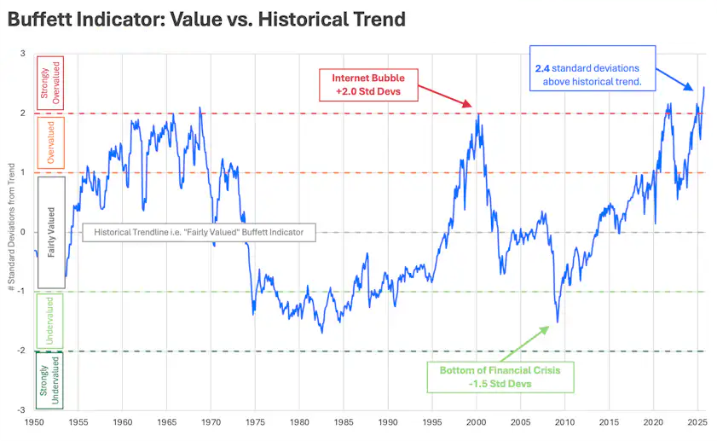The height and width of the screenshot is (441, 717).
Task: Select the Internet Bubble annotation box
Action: tap(368, 84)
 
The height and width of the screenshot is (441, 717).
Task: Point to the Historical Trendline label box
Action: tap(198, 232)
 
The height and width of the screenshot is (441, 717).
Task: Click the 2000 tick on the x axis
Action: tap(477, 422)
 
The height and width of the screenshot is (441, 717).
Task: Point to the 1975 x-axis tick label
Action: tap(255, 422)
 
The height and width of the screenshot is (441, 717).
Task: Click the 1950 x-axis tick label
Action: tap(34, 422)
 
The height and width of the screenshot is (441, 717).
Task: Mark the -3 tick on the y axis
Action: tap(20, 410)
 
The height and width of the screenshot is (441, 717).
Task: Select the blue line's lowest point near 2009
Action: tap(558, 322)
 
